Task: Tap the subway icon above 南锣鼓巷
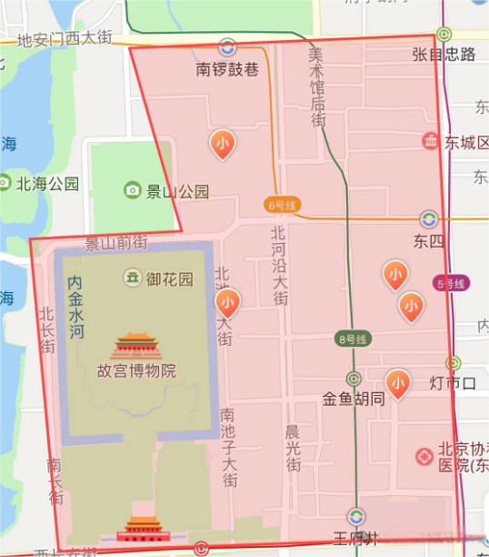[x=227, y=46]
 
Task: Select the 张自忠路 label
[x=444, y=55]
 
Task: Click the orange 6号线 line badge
[x=283, y=205]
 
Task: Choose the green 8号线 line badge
[x=352, y=339]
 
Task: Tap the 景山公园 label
[x=178, y=191]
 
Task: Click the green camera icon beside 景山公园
[x=134, y=190]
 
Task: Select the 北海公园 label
[x=47, y=184]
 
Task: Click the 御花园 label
[x=170, y=278]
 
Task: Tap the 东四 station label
[x=427, y=241]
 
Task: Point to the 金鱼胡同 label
[x=354, y=399]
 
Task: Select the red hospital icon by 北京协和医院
[x=424, y=456]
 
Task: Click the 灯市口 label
[x=453, y=383]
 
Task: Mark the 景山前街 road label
[x=115, y=243]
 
